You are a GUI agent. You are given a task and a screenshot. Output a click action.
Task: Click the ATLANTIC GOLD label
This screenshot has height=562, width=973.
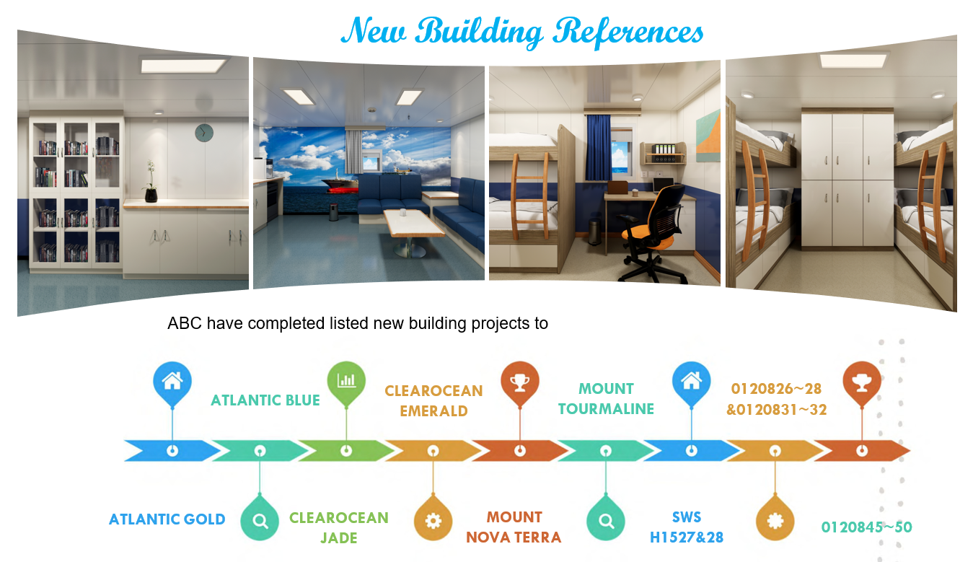[x=167, y=519]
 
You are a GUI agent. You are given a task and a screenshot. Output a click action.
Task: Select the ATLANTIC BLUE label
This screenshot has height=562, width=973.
[x=265, y=400]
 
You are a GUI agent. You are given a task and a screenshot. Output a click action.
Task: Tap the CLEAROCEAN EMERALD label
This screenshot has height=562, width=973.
[x=433, y=400]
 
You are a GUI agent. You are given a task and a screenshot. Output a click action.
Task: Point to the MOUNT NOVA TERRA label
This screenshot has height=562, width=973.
[x=514, y=527]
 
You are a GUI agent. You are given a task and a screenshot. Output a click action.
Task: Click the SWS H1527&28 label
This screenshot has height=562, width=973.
[x=687, y=527]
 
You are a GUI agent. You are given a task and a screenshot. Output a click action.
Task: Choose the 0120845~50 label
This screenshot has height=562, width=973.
[x=866, y=527]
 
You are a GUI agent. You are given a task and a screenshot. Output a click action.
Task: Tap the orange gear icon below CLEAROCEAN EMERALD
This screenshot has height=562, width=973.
[x=433, y=519]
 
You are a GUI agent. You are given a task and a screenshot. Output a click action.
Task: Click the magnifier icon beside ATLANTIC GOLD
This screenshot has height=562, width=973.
[x=260, y=519]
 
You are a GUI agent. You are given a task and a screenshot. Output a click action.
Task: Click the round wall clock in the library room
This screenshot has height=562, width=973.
[x=203, y=133]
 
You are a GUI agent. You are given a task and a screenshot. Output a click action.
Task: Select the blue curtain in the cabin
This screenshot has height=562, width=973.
[x=598, y=148]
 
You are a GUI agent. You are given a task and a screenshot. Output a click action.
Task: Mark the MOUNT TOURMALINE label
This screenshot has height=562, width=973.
[x=606, y=399]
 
